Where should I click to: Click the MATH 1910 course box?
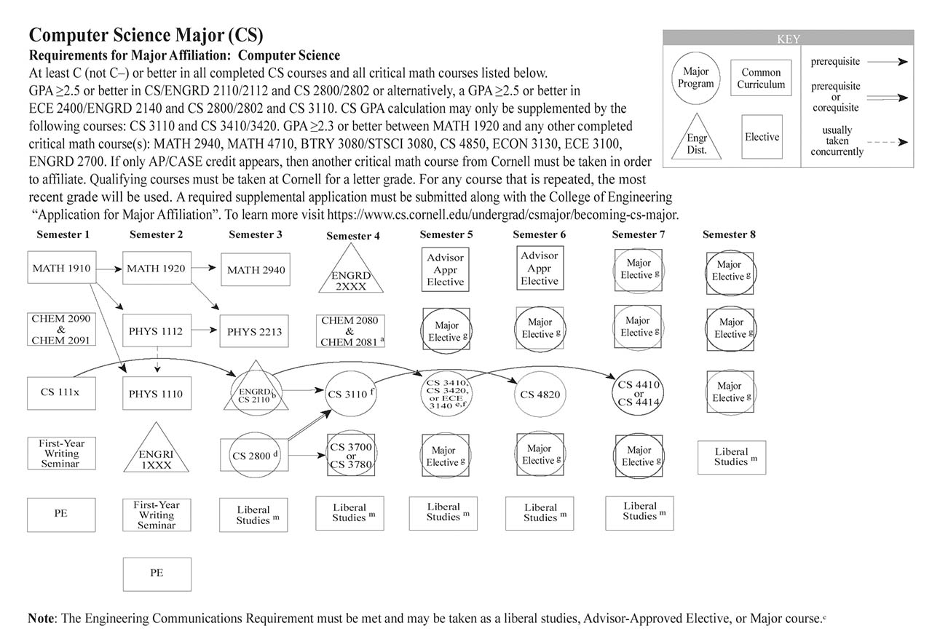(61, 269)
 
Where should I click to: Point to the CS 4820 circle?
(540, 395)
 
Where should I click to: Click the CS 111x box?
(61, 393)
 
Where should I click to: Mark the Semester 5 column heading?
(446, 234)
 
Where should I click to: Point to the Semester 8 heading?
(729, 234)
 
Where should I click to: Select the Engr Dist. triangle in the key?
(696, 140)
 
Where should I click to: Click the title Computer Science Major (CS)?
(146, 35)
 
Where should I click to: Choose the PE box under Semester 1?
(61, 514)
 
